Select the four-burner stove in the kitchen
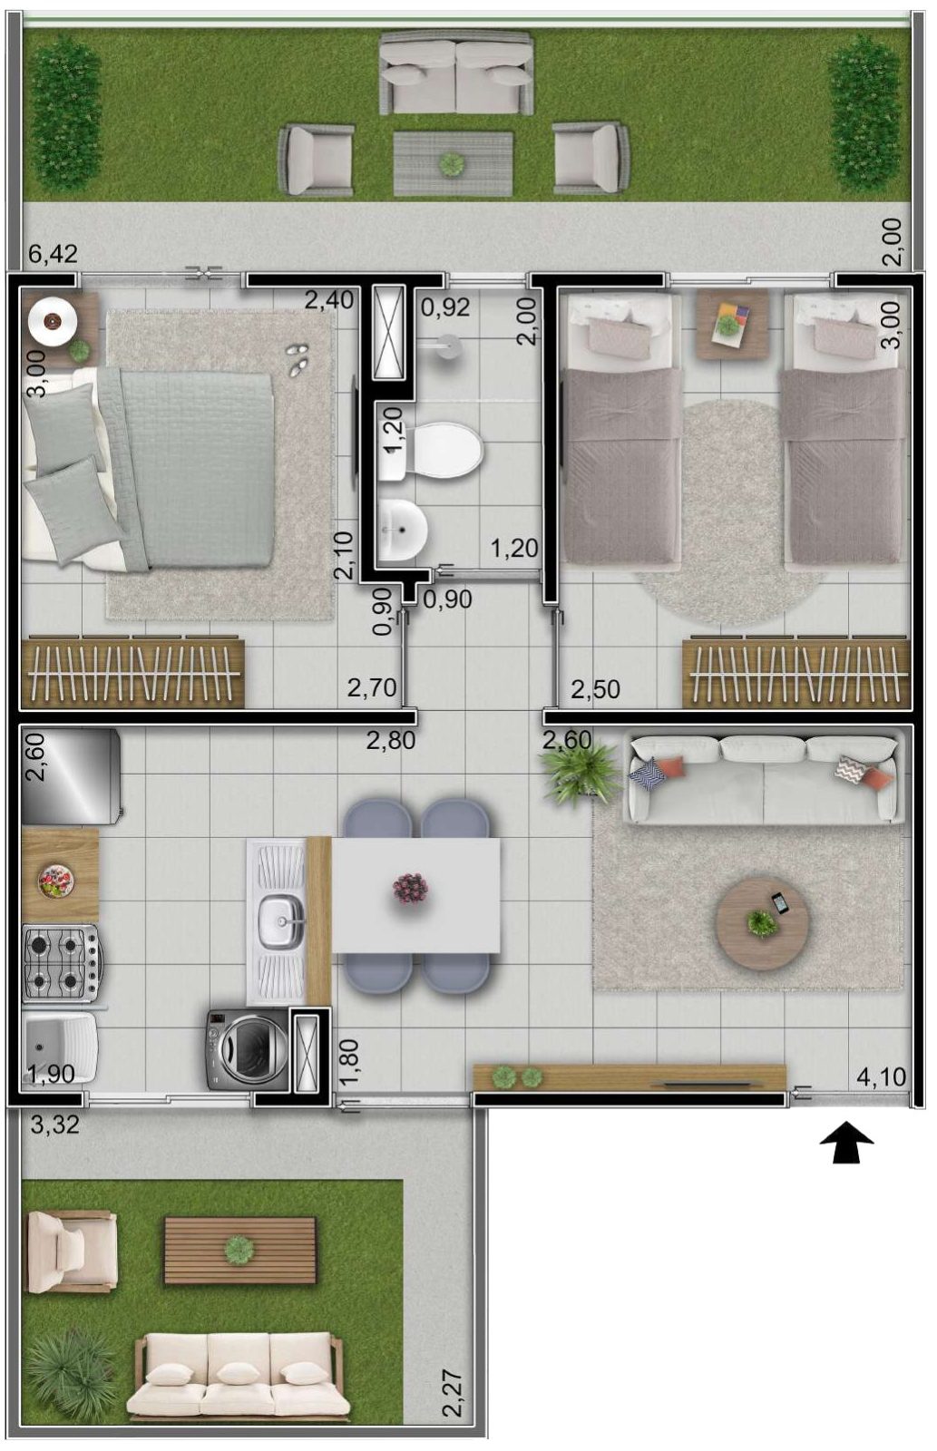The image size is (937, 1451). [x=61, y=963]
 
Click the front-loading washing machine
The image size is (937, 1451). [x=247, y=1048]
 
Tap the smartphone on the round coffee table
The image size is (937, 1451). [x=779, y=901]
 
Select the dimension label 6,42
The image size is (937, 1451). [x=53, y=253]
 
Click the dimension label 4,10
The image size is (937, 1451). [x=881, y=1076]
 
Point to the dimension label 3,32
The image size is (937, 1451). [x=55, y=1125]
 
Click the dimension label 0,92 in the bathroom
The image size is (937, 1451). [x=445, y=307]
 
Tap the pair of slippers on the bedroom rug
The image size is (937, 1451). [x=298, y=358]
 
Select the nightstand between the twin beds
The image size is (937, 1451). [x=732, y=324]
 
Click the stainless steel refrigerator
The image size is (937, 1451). [x=72, y=776]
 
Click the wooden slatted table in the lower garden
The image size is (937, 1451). [x=239, y=1251]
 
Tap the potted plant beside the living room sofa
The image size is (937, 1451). [x=581, y=773]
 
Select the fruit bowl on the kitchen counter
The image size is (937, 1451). [x=55, y=881]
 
